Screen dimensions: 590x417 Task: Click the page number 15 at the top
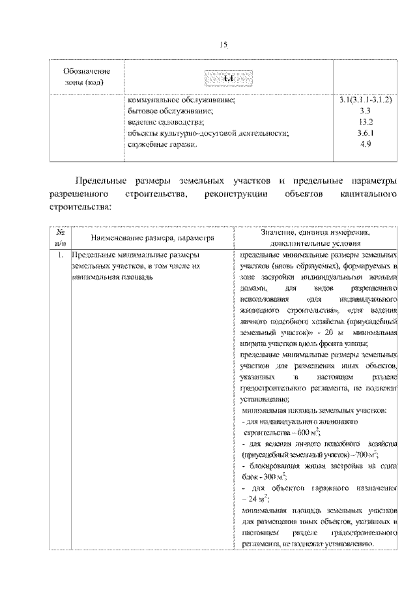click(x=222, y=44)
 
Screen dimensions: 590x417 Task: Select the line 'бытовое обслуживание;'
click(x=171, y=111)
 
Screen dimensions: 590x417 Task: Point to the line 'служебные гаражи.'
click(x=162, y=143)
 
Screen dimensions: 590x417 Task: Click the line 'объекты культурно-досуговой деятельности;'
click(x=208, y=133)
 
